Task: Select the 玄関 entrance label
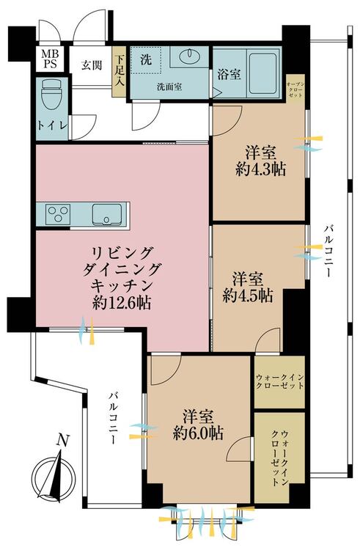pyautogui.click(x=92, y=65)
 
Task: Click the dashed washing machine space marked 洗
pyautogui.click(x=146, y=59)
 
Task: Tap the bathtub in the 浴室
pyautogui.click(x=263, y=73)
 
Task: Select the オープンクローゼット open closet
pyautogui.click(x=295, y=89)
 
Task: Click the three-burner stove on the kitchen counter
pyautogui.click(x=58, y=213)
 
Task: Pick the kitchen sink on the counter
pyautogui.click(x=106, y=214)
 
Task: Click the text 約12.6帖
pyautogui.click(x=122, y=302)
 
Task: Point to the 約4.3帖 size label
pyautogui.click(x=261, y=169)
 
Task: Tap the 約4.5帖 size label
pyautogui.click(x=248, y=296)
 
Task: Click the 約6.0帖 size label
pyautogui.click(x=198, y=434)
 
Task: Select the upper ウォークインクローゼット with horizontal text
pyautogui.click(x=279, y=382)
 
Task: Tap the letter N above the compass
pyautogui.click(x=63, y=440)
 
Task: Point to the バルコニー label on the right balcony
pyautogui.click(x=328, y=251)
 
